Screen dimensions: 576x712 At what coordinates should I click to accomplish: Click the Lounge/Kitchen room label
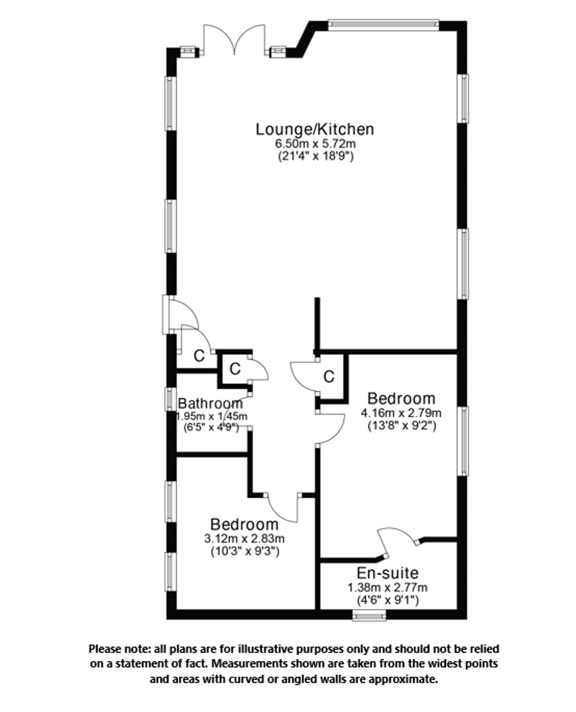(314, 129)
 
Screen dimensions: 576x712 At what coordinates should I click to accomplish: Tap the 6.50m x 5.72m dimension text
(315, 144)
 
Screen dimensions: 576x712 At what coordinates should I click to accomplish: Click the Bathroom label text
(210, 404)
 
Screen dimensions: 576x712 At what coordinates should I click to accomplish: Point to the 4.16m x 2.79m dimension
(401, 413)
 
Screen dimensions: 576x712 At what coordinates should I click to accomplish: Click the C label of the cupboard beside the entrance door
(199, 356)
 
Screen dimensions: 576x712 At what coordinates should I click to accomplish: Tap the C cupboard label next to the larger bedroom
(329, 377)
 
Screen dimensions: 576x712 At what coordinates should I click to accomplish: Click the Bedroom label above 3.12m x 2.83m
(244, 525)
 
